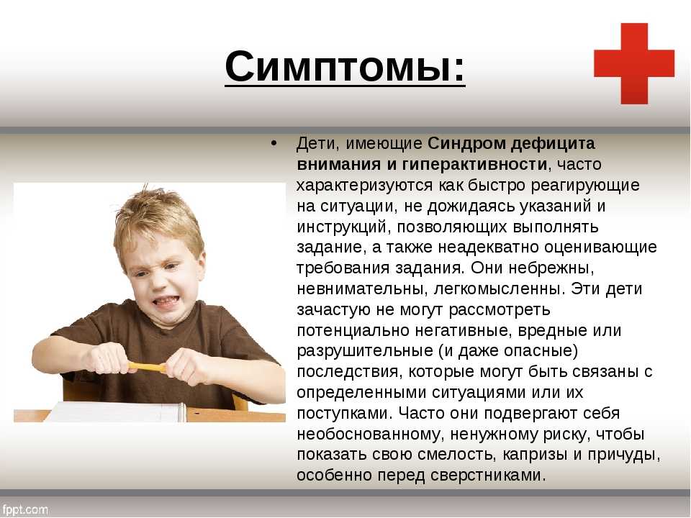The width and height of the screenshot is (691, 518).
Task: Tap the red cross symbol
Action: tap(634, 63)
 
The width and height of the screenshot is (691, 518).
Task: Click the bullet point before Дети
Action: tap(274, 144)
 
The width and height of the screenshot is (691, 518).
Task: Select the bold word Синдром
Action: tap(465, 144)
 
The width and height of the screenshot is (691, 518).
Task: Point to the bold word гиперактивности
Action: tap(474, 164)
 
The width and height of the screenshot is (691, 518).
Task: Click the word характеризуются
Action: tap(364, 186)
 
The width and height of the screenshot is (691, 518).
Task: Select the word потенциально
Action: tap(356, 331)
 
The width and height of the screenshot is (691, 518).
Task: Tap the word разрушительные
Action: tap(365, 352)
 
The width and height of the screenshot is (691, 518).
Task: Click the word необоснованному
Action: tap(370, 435)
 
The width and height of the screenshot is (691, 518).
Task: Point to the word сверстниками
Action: tap(487, 476)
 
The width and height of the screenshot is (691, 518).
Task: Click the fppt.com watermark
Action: tap(24, 509)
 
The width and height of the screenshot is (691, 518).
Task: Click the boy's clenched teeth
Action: tap(166, 301)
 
